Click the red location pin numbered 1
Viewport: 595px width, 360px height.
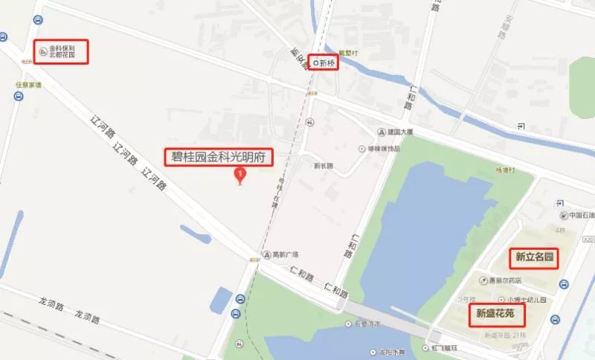click(239, 176)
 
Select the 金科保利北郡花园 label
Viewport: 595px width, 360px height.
click(62, 51)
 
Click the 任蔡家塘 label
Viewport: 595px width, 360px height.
click(28, 85)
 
